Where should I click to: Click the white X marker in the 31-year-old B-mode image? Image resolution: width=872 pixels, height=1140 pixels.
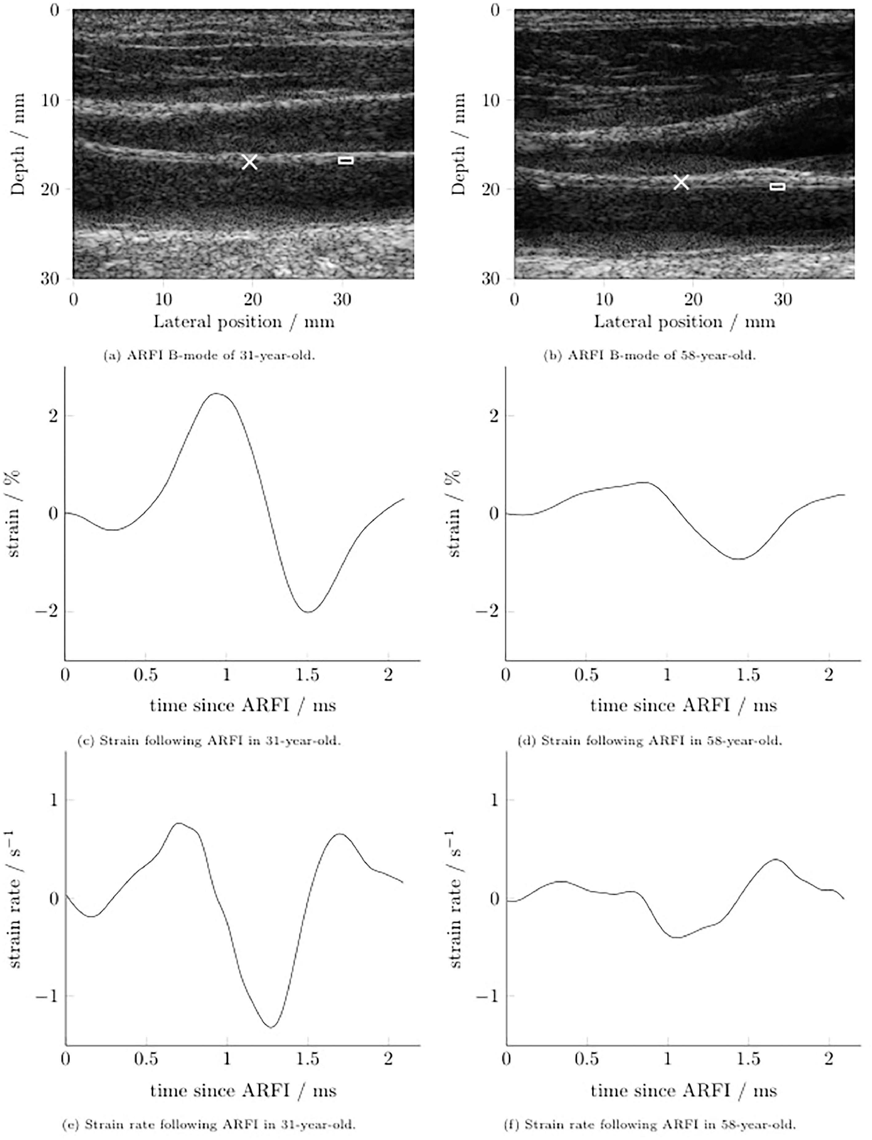[250, 162]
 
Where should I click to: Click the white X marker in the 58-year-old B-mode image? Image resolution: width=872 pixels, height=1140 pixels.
[681, 182]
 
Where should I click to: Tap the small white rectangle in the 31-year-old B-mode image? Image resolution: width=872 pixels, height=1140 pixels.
[346, 160]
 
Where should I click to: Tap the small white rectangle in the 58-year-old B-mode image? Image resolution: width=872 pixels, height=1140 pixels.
[777, 186]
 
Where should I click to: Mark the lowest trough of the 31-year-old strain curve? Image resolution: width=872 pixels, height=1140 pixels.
[308, 612]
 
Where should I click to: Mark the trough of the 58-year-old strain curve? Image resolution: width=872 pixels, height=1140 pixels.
[740, 559]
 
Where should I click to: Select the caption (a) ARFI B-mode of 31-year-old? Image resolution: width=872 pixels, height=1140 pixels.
[209, 356]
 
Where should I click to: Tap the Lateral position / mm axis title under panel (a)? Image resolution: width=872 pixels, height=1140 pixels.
[243, 322]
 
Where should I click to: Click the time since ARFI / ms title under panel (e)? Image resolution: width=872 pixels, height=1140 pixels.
[243, 1090]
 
